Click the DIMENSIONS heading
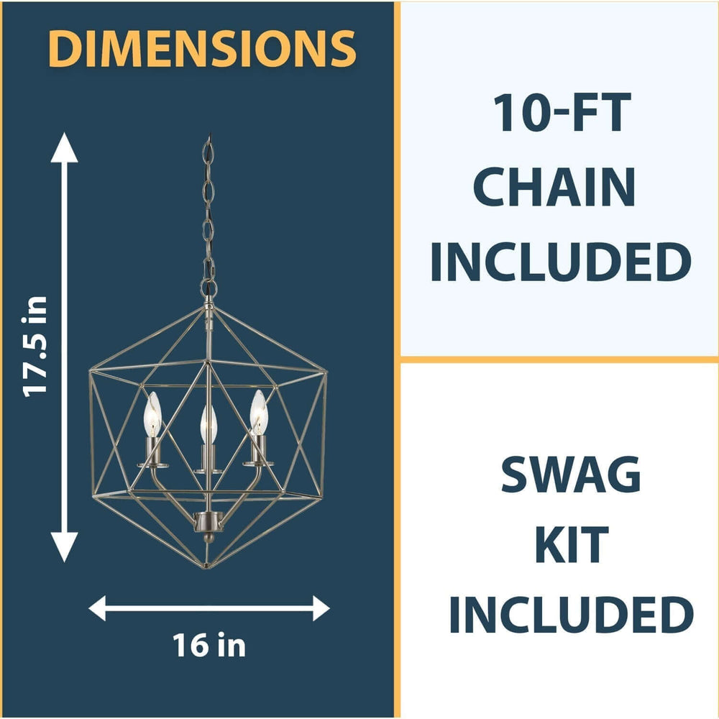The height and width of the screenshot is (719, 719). pyautogui.click(x=202, y=48)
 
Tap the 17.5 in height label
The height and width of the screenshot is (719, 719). pyautogui.click(x=35, y=347)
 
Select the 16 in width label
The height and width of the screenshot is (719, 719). pyautogui.click(x=209, y=645)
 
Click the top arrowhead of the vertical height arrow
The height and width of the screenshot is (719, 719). pyautogui.click(x=64, y=147)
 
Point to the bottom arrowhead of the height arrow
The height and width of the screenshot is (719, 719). pyautogui.click(x=64, y=547)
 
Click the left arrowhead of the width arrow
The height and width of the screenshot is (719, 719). pyautogui.click(x=97, y=608)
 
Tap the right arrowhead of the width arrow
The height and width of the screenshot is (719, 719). pyautogui.click(x=321, y=608)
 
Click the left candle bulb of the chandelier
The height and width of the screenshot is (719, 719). pyautogui.click(x=152, y=414)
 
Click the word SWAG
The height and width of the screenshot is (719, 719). pyautogui.click(x=570, y=474)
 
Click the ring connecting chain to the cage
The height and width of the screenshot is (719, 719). pyautogui.click(x=209, y=288)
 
